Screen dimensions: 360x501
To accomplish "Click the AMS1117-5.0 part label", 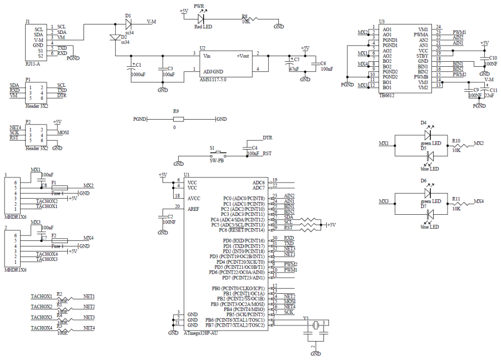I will tap(213, 80).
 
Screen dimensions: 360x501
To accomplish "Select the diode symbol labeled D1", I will tap(128, 23).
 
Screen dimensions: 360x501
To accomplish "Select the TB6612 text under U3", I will tap(387, 95).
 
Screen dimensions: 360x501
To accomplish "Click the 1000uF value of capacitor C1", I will tap(139, 74).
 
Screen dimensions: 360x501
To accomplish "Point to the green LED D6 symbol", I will tap(428, 193).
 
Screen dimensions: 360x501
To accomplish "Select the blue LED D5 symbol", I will tap(428, 157).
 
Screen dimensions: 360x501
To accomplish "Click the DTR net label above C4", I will tap(267, 137).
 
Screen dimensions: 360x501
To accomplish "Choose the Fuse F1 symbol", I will tap(57, 187).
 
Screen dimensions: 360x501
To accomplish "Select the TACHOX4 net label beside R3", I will tap(42, 328).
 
